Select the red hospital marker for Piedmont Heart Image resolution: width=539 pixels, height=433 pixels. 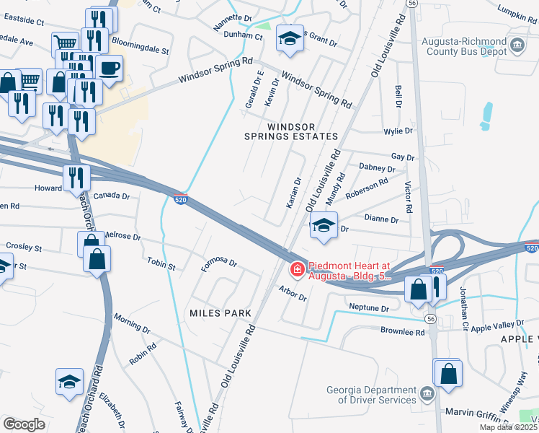click(295, 270)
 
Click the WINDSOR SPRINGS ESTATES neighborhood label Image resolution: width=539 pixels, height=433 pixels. click(303, 131)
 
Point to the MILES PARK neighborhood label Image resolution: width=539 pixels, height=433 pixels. click(220, 313)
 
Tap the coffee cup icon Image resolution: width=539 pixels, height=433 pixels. click(109, 69)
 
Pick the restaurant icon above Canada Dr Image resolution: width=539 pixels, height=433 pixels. click(76, 177)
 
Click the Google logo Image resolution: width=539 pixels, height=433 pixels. click(24, 424)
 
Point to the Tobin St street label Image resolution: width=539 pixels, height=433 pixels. click(161, 263)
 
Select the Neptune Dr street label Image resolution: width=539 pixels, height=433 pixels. click(368, 308)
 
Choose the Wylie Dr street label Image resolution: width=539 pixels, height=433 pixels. click(398, 131)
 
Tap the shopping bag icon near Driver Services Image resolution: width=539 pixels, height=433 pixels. click(447, 374)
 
